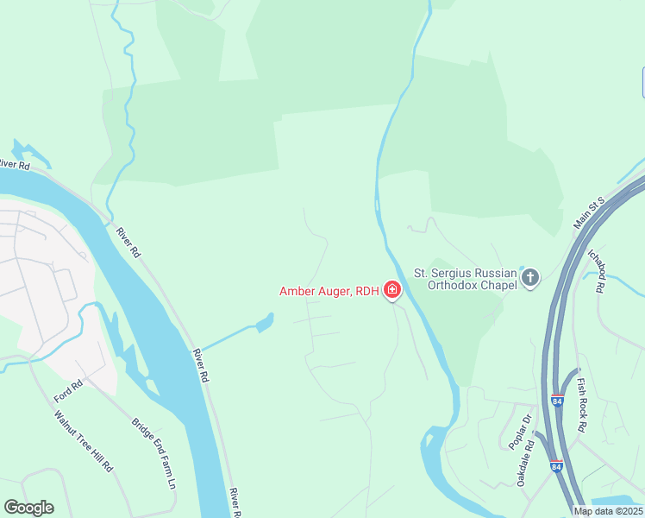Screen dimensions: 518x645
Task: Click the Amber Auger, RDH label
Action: pos(329,291)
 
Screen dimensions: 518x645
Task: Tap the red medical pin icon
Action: pos(392,289)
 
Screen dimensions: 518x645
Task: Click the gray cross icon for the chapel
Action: pos(529,278)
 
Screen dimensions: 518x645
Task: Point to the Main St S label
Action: pos(591,212)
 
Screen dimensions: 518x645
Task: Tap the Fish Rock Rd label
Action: pos(582,405)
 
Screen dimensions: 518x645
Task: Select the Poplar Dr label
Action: pos(520,429)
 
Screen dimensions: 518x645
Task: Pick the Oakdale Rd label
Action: pos(527,464)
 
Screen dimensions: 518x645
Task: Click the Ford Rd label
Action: pos(67,390)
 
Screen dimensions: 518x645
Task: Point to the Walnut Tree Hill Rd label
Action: pos(84,440)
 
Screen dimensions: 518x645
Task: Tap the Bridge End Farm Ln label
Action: pos(153,454)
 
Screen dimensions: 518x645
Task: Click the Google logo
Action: pos(28,508)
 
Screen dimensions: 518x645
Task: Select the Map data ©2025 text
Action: pos(608,511)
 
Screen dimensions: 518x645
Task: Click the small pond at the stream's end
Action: pos(264,324)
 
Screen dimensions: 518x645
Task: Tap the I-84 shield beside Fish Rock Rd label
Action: pos(556,401)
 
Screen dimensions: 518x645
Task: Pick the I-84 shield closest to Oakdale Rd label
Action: pos(556,465)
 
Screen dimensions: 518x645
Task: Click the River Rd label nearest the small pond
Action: pos(201,365)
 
